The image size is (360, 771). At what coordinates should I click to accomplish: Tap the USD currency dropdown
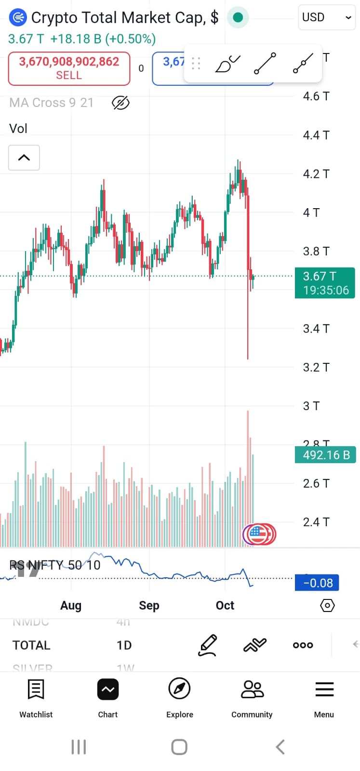[x=326, y=17]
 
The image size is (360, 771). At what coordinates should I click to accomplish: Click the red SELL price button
[x=69, y=68]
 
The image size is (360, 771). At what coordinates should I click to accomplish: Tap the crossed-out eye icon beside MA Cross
[x=120, y=103]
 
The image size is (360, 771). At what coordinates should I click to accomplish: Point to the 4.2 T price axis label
[x=316, y=174]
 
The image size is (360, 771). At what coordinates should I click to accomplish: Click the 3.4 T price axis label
[x=316, y=329]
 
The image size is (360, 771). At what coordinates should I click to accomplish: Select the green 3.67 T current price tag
[x=325, y=283]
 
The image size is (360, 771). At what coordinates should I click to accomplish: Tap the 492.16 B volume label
[x=325, y=455]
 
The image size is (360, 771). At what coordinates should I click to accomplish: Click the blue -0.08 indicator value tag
[x=317, y=583]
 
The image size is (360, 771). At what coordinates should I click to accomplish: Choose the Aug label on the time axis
[x=71, y=606]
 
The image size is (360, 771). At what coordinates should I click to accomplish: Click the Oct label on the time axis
[x=225, y=606]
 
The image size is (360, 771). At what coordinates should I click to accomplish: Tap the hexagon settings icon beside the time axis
[x=327, y=605]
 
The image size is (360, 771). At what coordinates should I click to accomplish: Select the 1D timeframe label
[x=124, y=645]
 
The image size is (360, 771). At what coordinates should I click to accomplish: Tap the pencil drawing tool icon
[x=208, y=645]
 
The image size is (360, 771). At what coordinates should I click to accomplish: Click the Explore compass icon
[x=179, y=689]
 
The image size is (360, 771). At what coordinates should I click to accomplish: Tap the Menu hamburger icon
[x=324, y=690]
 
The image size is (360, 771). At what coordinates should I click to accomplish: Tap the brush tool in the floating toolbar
[x=227, y=64]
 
